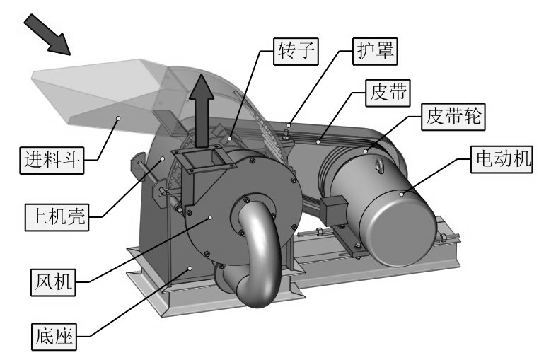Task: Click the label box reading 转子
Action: (296, 52)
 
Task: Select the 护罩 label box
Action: (375, 52)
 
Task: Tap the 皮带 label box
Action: (388, 93)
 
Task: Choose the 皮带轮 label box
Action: (453, 117)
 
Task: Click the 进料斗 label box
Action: (52, 161)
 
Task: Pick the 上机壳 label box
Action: (57, 217)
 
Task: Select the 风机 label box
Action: (53, 282)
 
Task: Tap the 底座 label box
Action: (54, 337)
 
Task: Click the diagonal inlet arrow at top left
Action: (47, 35)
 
